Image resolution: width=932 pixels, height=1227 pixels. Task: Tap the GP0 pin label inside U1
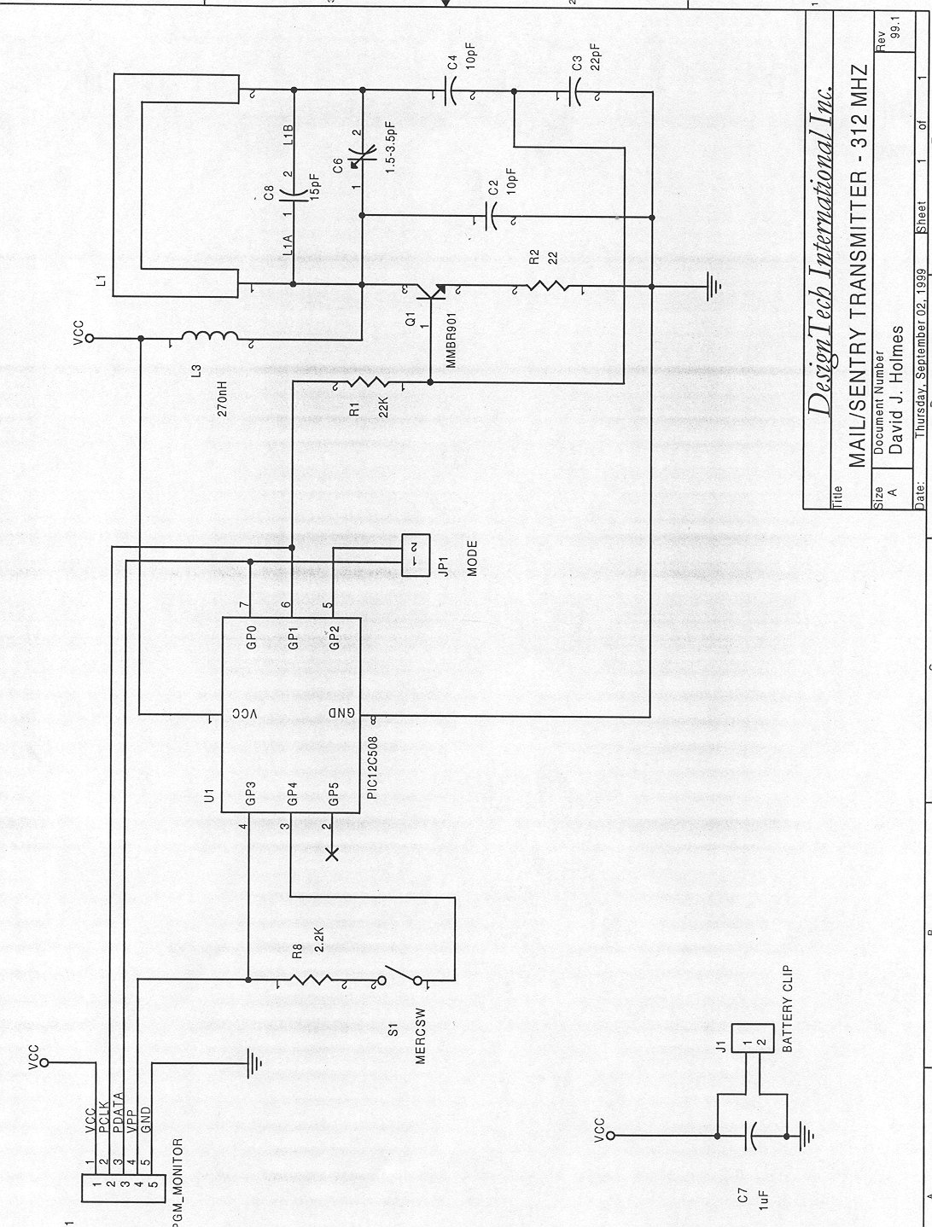tap(251, 636)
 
